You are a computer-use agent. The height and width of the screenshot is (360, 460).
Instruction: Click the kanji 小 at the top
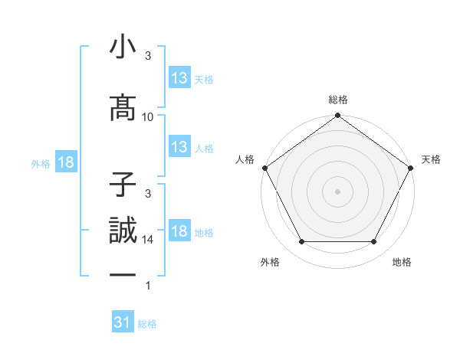123,47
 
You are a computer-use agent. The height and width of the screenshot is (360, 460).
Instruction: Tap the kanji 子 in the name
123,185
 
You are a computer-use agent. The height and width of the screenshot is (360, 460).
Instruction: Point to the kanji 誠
123,231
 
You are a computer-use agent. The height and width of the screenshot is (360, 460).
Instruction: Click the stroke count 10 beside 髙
148,116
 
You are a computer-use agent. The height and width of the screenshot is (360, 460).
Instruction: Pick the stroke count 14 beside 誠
148,239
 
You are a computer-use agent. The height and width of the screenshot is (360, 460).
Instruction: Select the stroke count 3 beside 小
148,56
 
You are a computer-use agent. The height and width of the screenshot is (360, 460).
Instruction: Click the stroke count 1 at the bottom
148,286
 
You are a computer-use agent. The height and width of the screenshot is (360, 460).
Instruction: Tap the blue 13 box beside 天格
179,77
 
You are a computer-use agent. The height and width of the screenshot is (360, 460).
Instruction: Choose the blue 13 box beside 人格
179,146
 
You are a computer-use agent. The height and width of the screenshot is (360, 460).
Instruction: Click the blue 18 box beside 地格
179,231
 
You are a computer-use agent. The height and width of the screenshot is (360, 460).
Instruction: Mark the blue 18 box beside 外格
65,162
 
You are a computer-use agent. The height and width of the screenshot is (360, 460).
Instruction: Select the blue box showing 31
123,322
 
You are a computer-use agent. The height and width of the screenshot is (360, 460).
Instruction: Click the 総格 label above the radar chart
337,100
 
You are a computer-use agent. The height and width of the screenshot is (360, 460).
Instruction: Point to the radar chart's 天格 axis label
431,159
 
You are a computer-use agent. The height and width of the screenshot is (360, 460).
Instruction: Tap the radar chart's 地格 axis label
402,262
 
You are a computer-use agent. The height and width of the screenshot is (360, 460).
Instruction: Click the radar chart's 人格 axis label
245,159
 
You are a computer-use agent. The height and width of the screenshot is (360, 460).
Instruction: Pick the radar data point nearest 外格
301,242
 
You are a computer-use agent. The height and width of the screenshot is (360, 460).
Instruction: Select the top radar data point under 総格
337,116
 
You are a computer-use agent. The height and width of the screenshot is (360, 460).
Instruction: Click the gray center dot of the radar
337,191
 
